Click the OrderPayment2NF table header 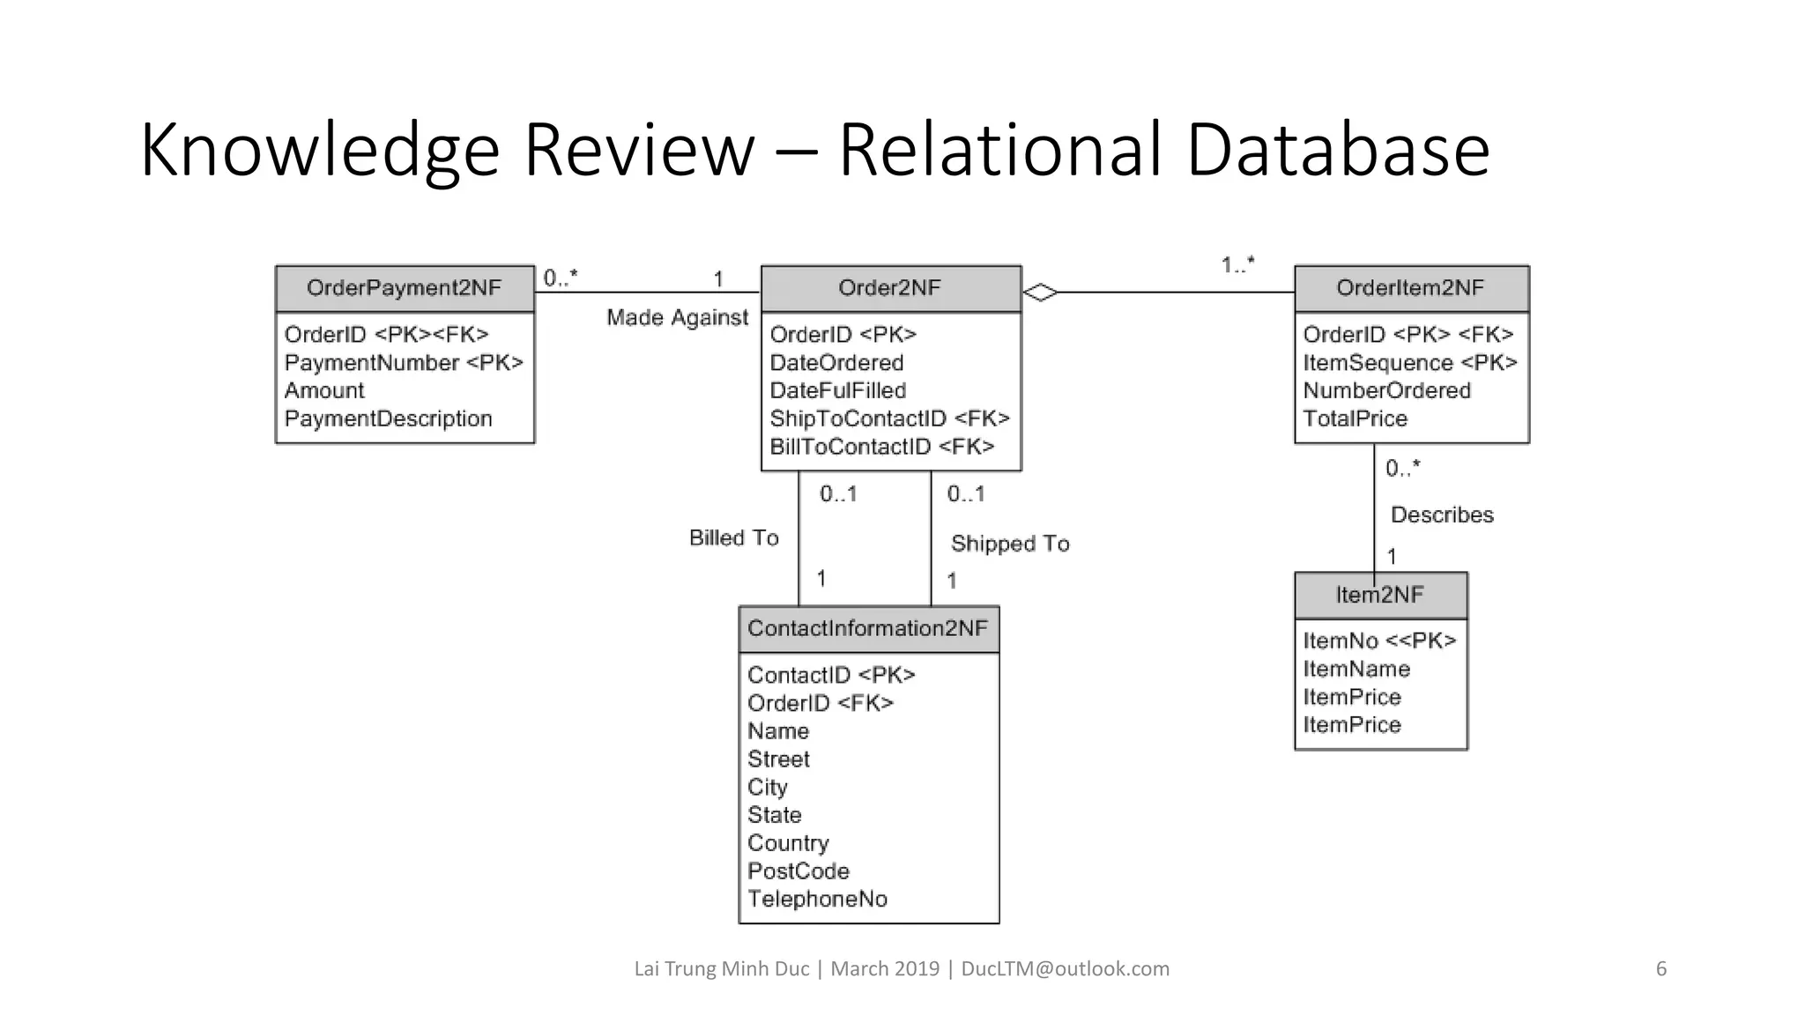405,288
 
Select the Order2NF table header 890,288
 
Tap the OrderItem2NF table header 1410,288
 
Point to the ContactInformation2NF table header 868,628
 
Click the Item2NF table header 1379,595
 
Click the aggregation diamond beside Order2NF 1040,292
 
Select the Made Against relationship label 677,317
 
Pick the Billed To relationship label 734,537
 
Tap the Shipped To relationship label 1010,544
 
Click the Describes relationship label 1442,515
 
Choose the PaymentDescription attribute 388,419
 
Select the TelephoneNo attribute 817,899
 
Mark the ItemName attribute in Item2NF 1356,669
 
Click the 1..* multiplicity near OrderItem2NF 1237,264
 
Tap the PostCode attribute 799,871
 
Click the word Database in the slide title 1337,150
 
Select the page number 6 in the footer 1661,969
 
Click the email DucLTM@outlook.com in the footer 1065,969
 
